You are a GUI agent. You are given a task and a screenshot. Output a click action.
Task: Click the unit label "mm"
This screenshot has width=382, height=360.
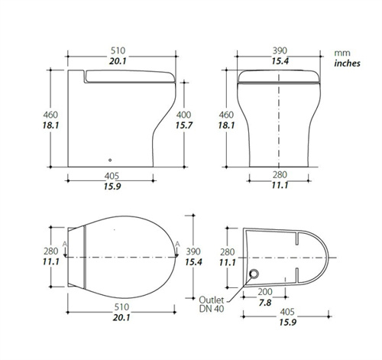click(x=342, y=54)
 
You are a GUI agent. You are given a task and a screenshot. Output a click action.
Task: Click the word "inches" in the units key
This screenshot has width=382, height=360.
click(x=347, y=63)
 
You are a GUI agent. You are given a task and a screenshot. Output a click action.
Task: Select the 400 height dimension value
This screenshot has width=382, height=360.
click(x=183, y=115)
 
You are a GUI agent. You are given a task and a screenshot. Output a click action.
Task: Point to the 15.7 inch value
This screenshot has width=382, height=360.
click(x=183, y=125)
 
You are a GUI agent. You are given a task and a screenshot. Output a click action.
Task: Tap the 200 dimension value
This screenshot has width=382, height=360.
click(x=265, y=292)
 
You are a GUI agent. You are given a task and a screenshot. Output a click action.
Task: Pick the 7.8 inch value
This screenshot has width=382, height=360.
click(x=265, y=303)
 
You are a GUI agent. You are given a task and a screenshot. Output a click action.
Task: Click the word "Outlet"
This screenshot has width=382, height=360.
click(x=212, y=300)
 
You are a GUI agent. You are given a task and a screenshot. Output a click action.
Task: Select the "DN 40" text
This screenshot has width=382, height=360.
click(x=212, y=309)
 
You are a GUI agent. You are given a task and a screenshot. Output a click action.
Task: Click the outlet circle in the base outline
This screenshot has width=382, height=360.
click(x=254, y=274)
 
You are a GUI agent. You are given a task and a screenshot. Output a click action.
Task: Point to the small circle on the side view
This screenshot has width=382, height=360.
click(x=110, y=160)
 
